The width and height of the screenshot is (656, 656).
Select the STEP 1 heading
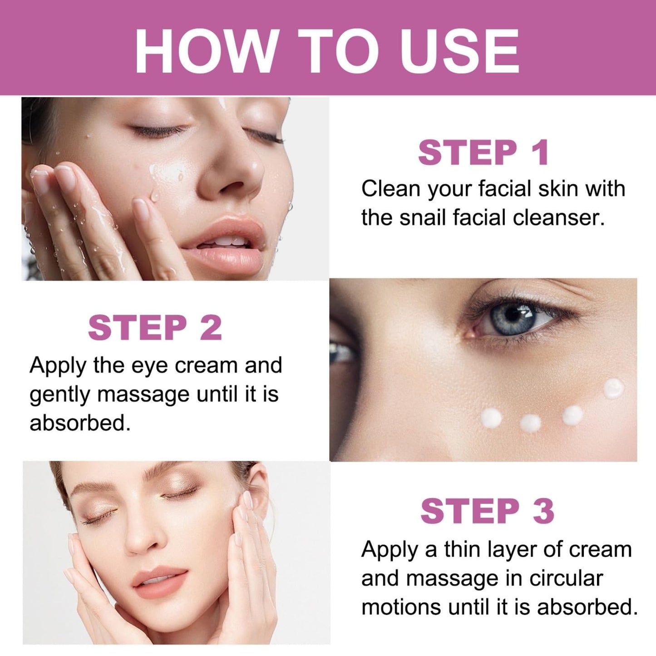click(x=483, y=153)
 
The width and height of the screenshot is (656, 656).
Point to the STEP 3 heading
click(x=488, y=511)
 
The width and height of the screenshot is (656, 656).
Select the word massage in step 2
click(x=148, y=395)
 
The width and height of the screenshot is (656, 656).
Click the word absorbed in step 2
click(x=80, y=423)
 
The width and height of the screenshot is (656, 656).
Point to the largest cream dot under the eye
click(x=614, y=389)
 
